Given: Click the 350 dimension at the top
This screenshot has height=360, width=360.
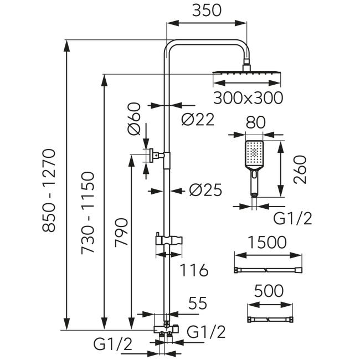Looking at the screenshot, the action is tap(207, 11).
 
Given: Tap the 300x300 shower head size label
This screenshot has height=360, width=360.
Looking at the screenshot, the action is tap(248, 98).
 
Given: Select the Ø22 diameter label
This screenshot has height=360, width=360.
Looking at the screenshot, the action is tap(198, 120).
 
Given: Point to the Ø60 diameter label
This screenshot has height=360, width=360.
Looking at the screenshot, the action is tap(133, 119).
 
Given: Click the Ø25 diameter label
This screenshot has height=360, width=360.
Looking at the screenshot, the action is tap(205, 190).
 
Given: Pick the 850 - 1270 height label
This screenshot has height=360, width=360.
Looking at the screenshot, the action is tap(48, 191).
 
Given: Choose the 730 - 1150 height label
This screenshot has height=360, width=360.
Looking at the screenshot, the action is tap(88, 212).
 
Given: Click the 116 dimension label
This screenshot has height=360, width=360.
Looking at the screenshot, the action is tap(194, 270).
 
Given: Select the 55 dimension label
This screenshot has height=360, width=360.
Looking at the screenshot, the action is tap(198, 303).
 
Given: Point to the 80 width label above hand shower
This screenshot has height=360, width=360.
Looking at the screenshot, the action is tap(255, 122).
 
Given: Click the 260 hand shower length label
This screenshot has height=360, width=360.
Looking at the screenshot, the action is tap(300, 169).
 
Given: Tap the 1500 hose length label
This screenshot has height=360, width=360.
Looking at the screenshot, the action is tap(268, 242).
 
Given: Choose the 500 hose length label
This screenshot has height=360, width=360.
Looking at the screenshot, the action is tap(269, 291).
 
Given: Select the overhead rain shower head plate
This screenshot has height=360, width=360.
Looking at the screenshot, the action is tap(247, 73).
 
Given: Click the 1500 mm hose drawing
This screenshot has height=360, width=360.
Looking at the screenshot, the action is tap(268, 270).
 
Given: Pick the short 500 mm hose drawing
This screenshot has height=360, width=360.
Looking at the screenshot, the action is tap(270, 320).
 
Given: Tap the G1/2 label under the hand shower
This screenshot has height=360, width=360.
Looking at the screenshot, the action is tap(292, 218).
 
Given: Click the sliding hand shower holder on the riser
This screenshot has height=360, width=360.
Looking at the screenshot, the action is tap(169, 240).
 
